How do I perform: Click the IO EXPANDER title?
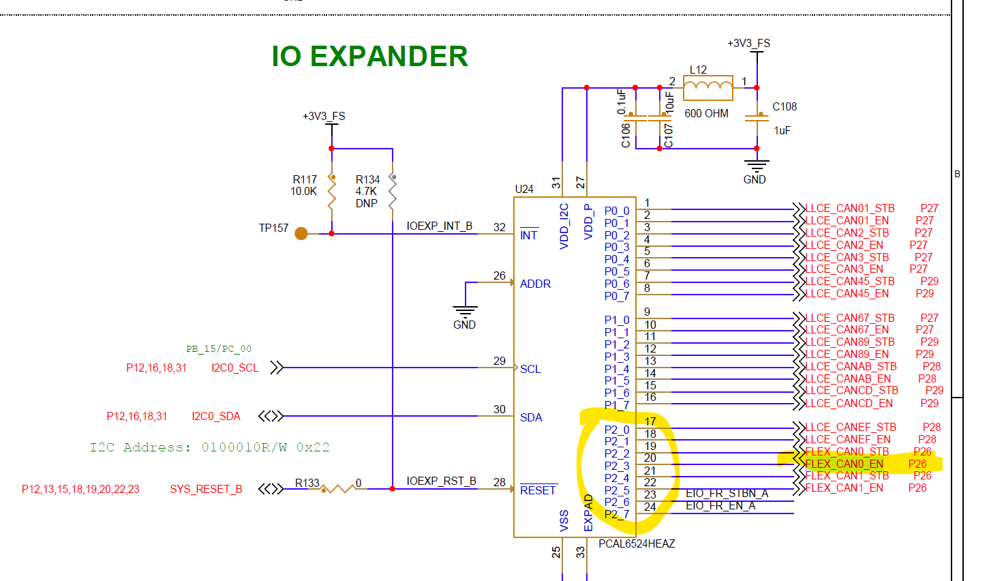point(369,57)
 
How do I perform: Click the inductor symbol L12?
point(708,87)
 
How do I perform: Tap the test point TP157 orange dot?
point(301,233)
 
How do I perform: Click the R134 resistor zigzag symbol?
point(393,192)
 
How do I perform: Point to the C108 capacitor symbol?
point(757,117)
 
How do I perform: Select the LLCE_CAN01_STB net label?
point(849,209)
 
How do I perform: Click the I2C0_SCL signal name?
point(234,368)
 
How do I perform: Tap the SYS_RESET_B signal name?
point(206,490)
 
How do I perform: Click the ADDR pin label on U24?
point(535,284)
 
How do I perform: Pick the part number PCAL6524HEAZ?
point(637,543)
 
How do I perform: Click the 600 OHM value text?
point(706,114)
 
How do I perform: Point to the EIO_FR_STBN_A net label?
point(727,494)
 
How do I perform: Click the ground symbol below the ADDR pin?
point(465,311)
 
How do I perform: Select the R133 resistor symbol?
point(337,488)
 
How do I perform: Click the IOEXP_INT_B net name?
point(439,226)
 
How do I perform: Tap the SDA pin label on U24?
point(531,417)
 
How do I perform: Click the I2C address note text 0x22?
point(313,447)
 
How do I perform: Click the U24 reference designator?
point(524,189)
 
